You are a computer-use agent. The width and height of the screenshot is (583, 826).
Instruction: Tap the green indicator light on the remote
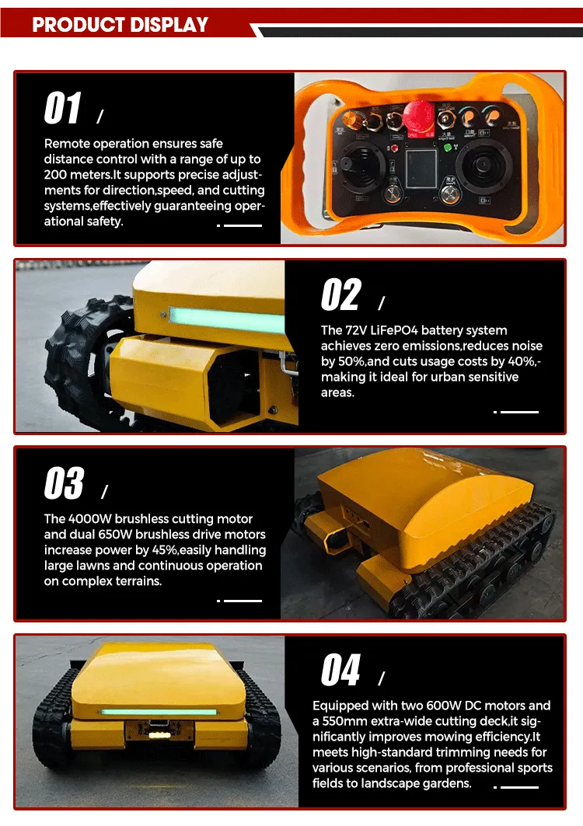tap(448, 148)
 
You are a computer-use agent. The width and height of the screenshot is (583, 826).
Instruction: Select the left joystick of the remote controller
tap(361, 162)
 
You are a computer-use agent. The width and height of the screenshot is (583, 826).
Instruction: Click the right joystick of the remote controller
tap(482, 166)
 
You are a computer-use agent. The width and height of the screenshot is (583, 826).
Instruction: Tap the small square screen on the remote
tap(421, 169)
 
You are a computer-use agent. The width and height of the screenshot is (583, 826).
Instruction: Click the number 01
tap(63, 108)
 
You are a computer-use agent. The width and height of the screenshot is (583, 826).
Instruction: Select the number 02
tap(340, 295)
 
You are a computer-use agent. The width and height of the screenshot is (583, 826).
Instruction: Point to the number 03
tap(64, 483)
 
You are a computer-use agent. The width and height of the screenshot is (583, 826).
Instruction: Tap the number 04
tap(340, 670)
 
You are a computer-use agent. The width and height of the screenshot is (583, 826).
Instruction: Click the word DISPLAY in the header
tap(169, 25)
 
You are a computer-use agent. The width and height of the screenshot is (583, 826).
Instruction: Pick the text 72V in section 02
tap(356, 330)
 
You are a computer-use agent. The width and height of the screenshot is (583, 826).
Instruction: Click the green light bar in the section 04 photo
tap(159, 713)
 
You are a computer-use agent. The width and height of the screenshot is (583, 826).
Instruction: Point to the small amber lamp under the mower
tap(156, 734)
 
